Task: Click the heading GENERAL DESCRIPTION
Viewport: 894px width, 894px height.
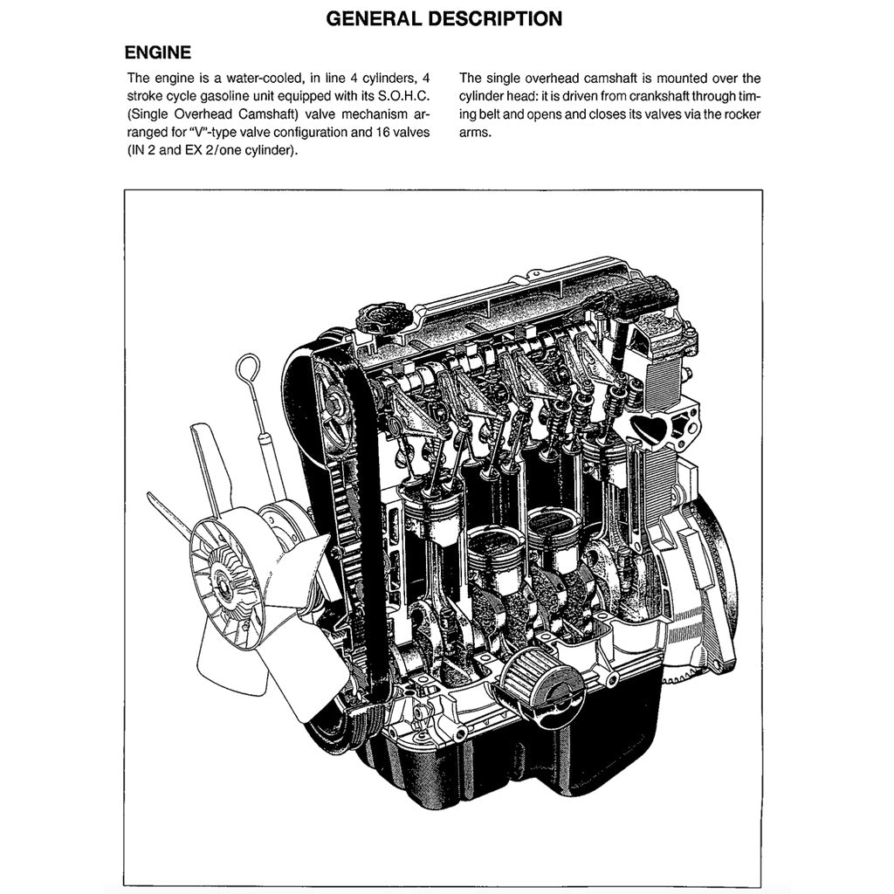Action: coord(444,18)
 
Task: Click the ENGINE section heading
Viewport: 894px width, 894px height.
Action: coord(157,52)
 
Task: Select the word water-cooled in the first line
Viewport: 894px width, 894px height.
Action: coord(237,79)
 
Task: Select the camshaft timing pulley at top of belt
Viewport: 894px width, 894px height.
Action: coord(335,402)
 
